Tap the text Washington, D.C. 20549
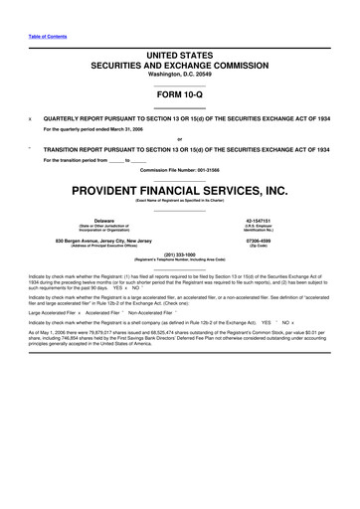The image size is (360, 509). point(180,75)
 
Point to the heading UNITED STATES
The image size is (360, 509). point(180,52)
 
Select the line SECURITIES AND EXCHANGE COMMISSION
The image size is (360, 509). point(180,64)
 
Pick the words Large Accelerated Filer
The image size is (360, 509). point(54,311)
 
